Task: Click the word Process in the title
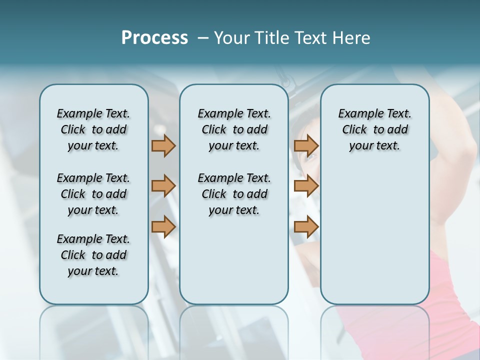pyautogui.click(x=154, y=38)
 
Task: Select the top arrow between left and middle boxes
pyautogui.click(x=163, y=145)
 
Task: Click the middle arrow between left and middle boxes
pyautogui.click(x=163, y=186)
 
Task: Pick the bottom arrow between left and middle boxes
pyautogui.click(x=163, y=227)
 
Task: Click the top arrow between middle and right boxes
pyautogui.click(x=306, y=145)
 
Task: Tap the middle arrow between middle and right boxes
pyautogui.click(x=306, y=186)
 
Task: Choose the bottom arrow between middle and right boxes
pyautogui.click(x=306, y=227)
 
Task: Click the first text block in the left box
pyautogui.click(x=93, y=129)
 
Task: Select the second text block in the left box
pyautogui.click(x=93, y=194)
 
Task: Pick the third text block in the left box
pyautogui.click(x=93, y=255)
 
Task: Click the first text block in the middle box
pyautogui.click(x=234, y=129)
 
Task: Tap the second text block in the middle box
pyautogui.click(x=234, y=194)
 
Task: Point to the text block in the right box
pyautogui.click(x=374, y=129)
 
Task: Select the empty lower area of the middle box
pyautogui.click(x=234, y=260)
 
